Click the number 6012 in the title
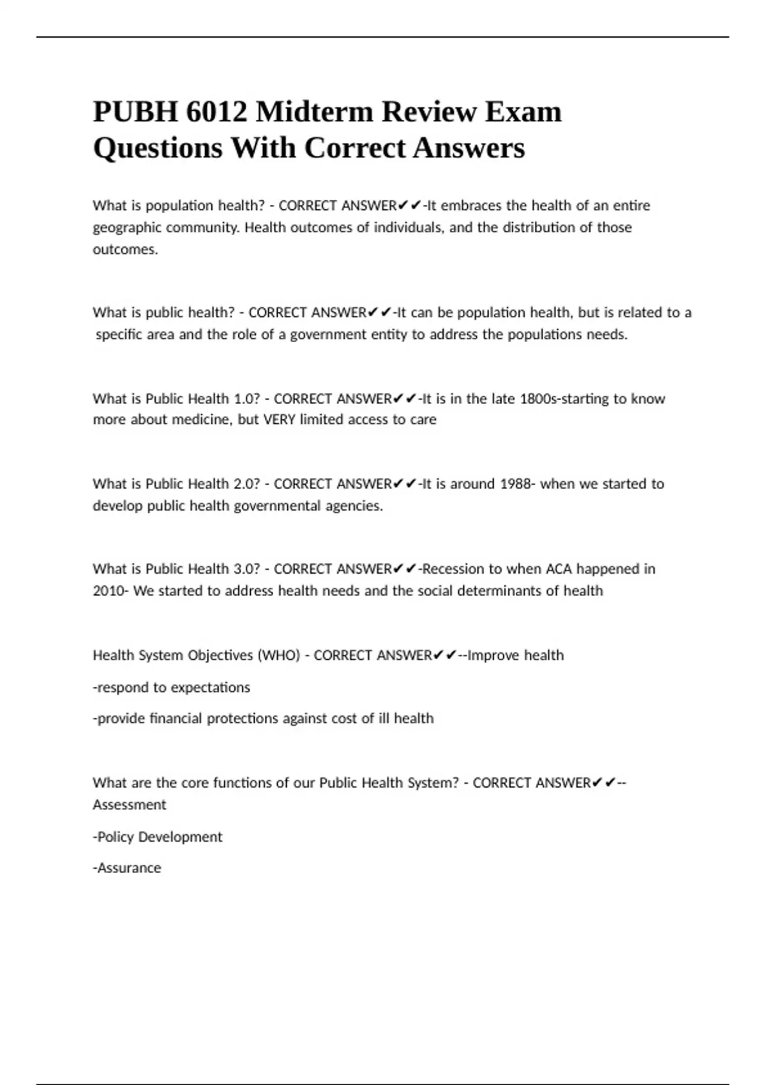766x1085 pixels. tap(217, 112)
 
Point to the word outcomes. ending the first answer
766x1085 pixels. tap(125, 250)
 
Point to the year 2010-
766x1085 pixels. tap(110, 591)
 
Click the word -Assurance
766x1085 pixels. tap(127, 868)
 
